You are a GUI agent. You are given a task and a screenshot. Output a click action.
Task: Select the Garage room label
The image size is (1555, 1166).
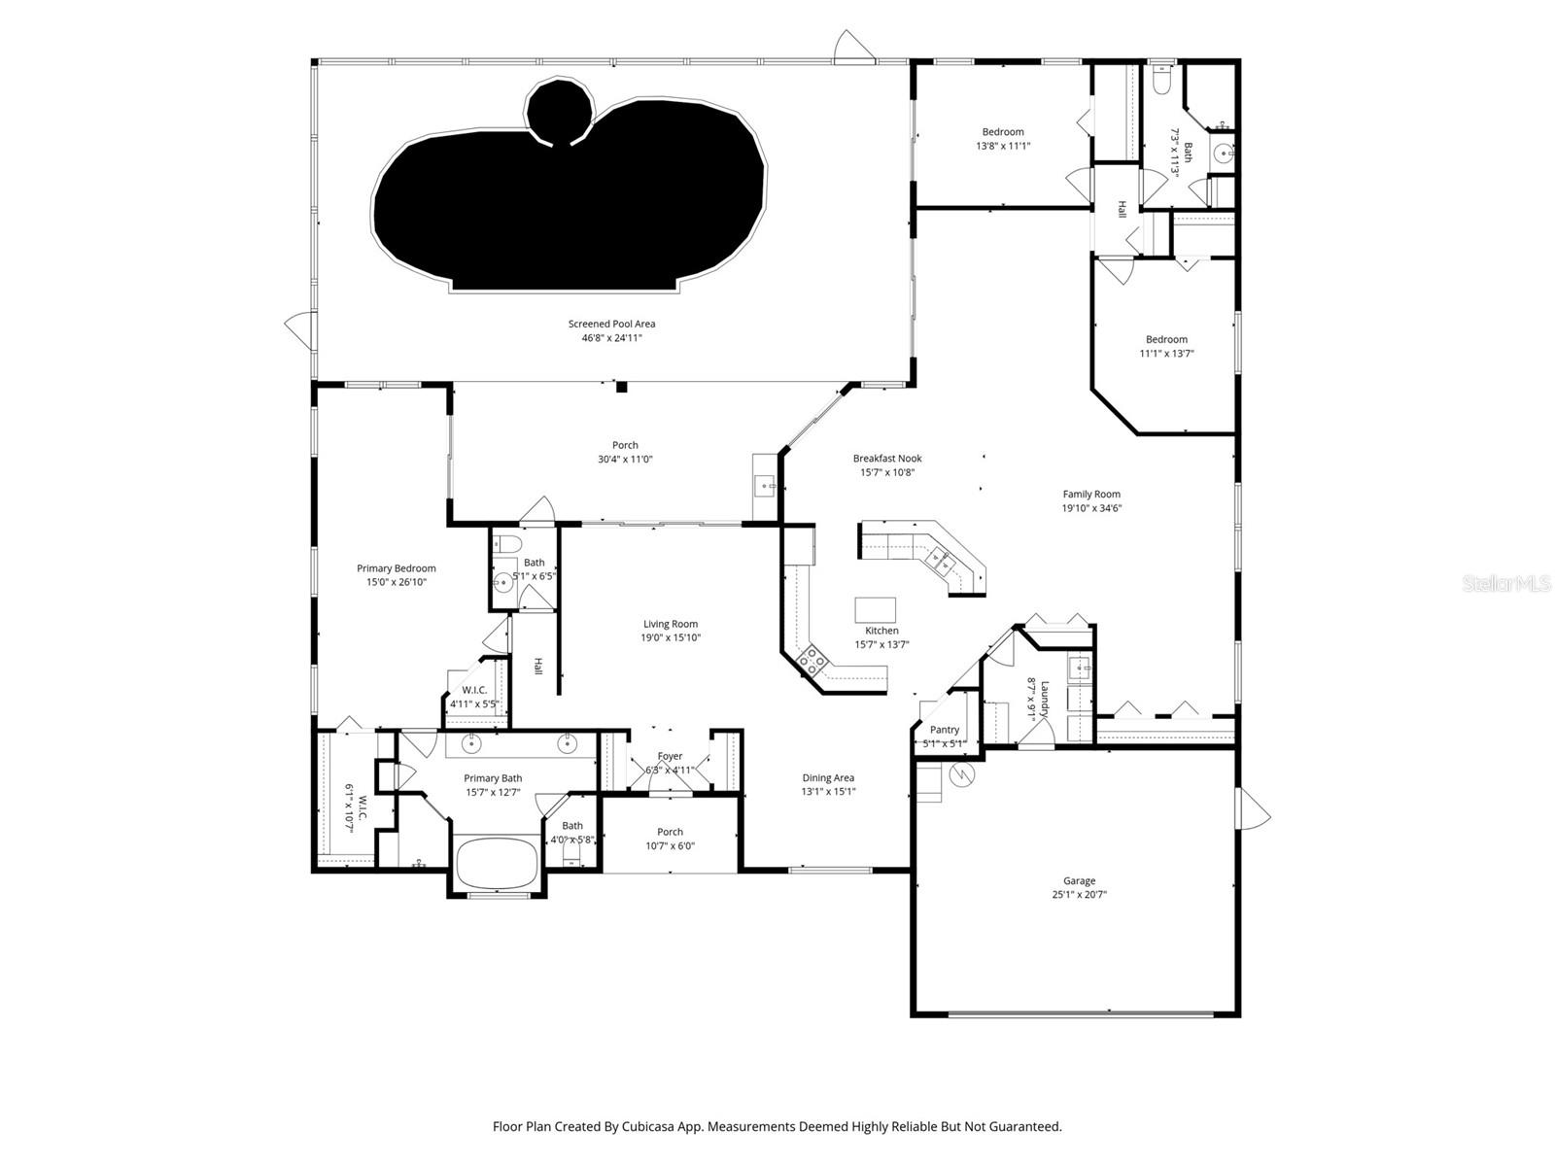coord(1079,881)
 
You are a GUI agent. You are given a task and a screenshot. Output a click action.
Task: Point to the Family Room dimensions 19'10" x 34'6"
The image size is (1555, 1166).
coord(1091,508)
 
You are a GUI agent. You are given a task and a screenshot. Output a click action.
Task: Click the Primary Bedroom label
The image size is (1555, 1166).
coord(396,568)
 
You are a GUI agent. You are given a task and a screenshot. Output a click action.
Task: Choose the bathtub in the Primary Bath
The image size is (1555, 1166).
coord(497,863)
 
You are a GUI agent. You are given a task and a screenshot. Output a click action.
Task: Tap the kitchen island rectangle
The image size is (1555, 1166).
coord(875,609)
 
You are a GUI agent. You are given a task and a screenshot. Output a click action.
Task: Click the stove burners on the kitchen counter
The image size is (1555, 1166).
coord(812,663)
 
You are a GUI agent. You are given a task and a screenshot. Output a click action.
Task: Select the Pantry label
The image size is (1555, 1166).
coord(944,730)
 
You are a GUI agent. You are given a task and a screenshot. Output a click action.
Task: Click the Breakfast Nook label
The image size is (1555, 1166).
coord(887,459)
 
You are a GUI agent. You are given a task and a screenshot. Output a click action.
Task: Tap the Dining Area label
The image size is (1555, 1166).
coord(828,777)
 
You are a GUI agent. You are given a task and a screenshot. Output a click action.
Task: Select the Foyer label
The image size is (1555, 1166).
coord(670,756)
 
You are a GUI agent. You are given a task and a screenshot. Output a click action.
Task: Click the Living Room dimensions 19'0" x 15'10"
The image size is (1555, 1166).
coord(671,638)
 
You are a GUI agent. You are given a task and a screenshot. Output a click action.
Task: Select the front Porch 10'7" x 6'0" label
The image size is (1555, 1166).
coord(670,832)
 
